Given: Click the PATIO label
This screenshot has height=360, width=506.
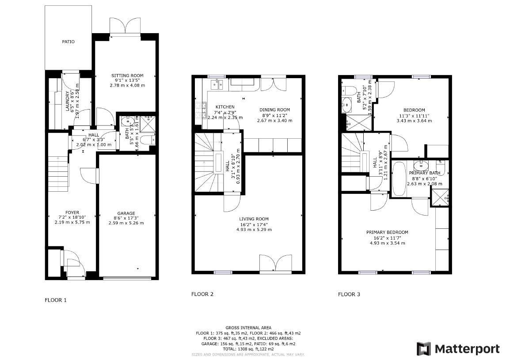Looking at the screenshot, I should (x=68, y=42).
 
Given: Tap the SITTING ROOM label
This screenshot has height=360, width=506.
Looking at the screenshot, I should (x=127, y=76).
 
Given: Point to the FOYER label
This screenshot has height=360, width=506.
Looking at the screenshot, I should (x=72, y=212).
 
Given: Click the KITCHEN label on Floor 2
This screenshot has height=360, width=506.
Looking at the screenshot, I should (x=224, y=107).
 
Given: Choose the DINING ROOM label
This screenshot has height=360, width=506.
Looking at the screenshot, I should (x=274, y=110).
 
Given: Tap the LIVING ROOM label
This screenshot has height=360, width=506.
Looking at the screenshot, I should (x=254, y=219).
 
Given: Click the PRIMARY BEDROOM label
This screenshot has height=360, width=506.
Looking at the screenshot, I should (x=387, y=232).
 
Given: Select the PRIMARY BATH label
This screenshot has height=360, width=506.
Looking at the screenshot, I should (x=424, y=173).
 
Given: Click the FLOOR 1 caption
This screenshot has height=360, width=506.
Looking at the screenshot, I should (x=56, y=300).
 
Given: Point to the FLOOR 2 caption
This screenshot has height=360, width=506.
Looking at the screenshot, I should (x=202, y=294).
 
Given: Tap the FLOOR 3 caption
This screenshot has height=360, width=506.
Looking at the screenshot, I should (x=349, y=294).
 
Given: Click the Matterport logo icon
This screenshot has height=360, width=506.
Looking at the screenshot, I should (x=424, y=349).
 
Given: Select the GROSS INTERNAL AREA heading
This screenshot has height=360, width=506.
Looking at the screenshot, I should (x=248, y=328).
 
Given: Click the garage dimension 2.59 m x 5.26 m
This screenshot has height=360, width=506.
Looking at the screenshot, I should (x=126, y=223).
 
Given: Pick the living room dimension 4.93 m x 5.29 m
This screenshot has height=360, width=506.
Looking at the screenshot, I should (x=254, y=229).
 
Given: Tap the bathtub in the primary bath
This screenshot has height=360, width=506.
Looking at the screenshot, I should (x=399, y=179).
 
